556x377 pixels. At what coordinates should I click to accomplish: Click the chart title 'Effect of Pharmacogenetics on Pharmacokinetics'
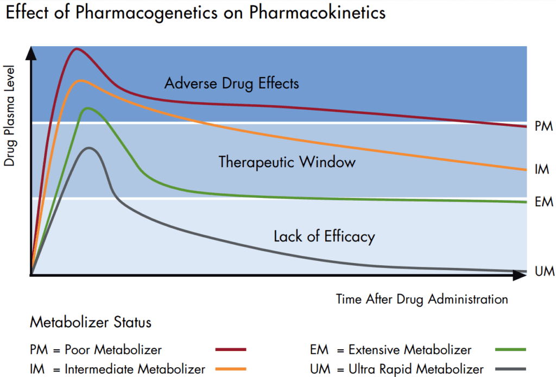[x=195, y=14]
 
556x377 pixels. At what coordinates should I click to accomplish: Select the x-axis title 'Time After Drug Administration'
[x=422, y=299]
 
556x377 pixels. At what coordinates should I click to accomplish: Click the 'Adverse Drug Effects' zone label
[x=232, y=84]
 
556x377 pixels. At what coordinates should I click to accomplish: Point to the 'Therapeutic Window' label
[x=287, y=162]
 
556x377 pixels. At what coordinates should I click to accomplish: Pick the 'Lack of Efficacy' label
[x=324, y=237]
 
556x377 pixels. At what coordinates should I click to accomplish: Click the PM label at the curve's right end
[x=544, y=126]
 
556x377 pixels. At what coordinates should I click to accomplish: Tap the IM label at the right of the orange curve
[x=542, y=170]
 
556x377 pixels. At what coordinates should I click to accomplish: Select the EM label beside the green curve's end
[x=544, y=202]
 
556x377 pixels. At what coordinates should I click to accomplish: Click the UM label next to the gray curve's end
[x=544, y=271]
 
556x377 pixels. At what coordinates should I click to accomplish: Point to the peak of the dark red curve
[x=77, y=49]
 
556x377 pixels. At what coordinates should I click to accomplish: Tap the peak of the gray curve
[x=89, y=148]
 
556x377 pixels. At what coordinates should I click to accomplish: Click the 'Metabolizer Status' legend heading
[x=91, y=323]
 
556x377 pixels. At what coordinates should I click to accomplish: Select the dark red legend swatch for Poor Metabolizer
[x=231, y=350]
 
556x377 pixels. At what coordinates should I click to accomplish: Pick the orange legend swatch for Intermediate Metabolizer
[x=231, y=369]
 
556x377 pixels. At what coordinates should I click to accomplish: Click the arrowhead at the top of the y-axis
[x=31, y=52]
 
